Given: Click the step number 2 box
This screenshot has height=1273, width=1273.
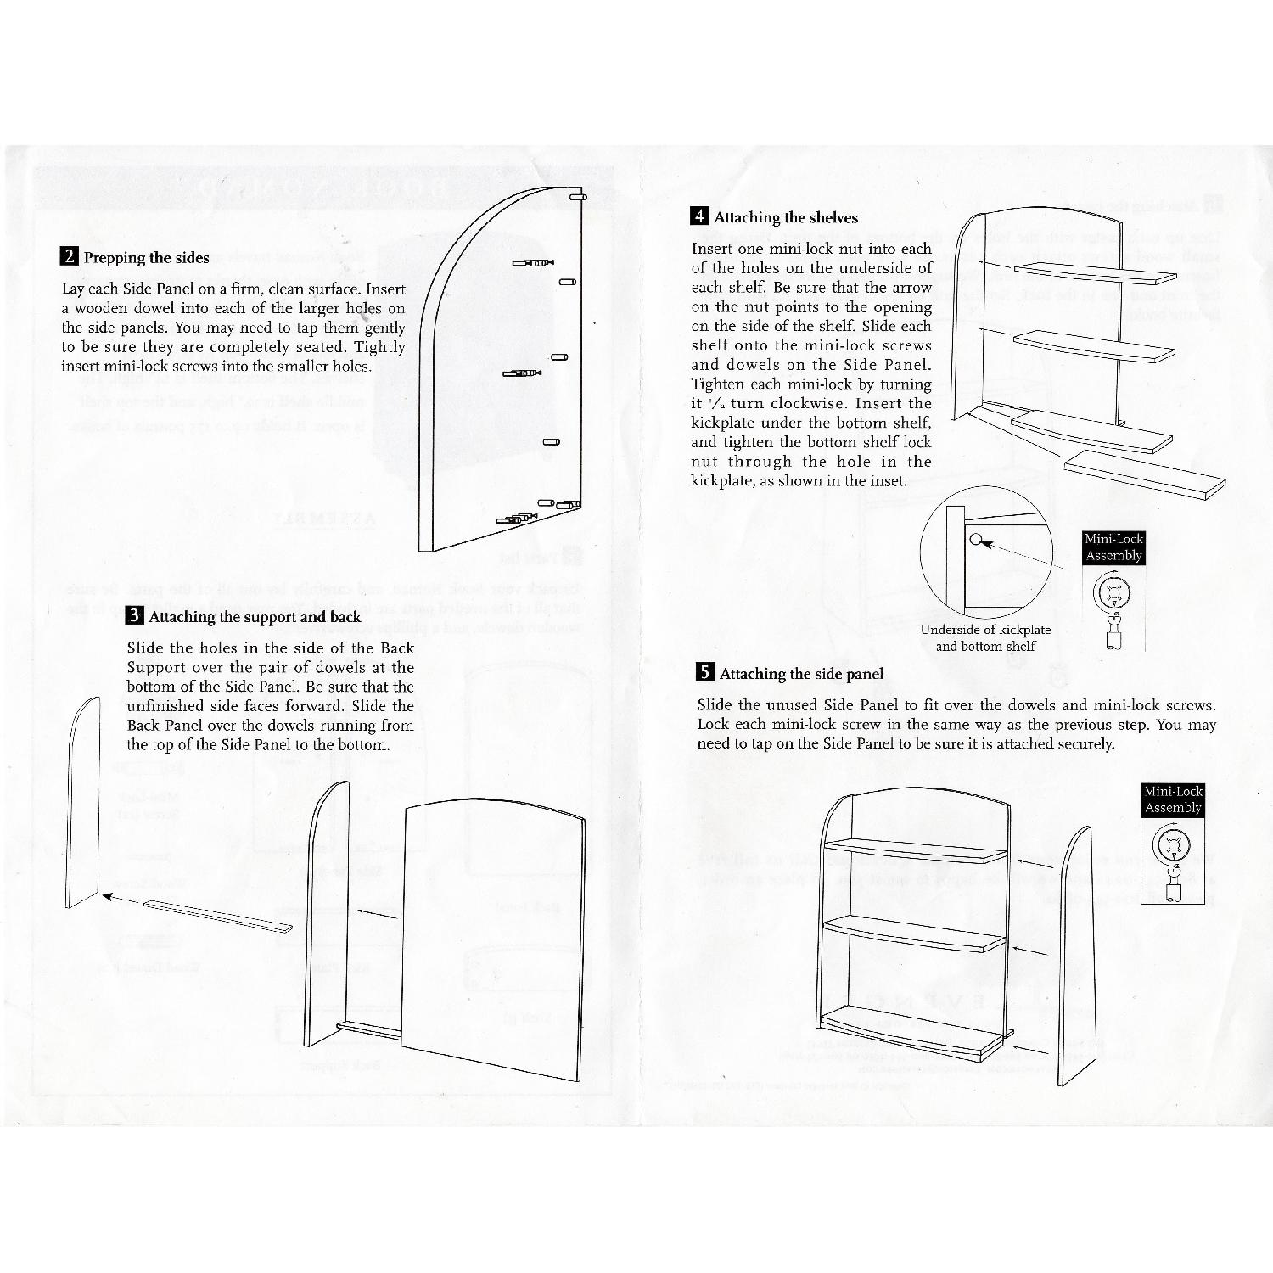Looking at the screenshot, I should tap(70, 257).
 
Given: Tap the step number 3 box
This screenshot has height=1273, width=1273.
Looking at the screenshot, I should tap(134, 616).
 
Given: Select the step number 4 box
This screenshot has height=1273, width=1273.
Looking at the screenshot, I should tap(699, 216).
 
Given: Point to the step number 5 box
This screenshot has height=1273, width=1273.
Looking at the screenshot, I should tap(705, 673).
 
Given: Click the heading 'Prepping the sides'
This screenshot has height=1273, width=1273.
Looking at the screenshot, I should tap(146, 258).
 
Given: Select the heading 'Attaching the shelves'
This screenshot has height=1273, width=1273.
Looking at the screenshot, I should tap(786, 217).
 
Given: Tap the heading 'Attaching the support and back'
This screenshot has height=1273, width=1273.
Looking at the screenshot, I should tap(255, 617).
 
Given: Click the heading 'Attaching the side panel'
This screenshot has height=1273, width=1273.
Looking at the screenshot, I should tap(801, 674).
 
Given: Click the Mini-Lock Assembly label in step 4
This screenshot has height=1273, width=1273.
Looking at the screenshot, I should tap(1113, 547).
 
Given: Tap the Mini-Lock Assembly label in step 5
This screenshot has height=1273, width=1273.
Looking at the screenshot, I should tap(1173, 799).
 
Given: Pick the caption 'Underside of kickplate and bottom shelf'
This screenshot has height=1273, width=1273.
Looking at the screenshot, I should tap(985, 637).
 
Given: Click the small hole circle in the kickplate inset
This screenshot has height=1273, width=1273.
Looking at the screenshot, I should tap(976, 538).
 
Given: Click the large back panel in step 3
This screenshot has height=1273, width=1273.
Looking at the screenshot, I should tap(494, 934).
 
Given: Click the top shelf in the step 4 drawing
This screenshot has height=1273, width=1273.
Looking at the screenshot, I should tap(1095, 273).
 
